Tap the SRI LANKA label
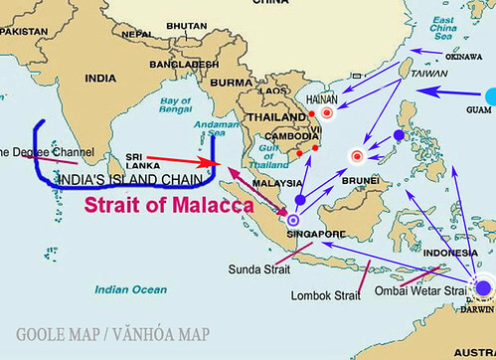[138, 161]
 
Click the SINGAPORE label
[310, 234]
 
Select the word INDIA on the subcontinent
[100, 78]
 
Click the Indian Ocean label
[125, 289]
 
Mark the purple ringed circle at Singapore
[292, 221]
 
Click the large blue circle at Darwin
[483, 288]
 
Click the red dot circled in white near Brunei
[357, 155]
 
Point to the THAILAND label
[271, 114]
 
